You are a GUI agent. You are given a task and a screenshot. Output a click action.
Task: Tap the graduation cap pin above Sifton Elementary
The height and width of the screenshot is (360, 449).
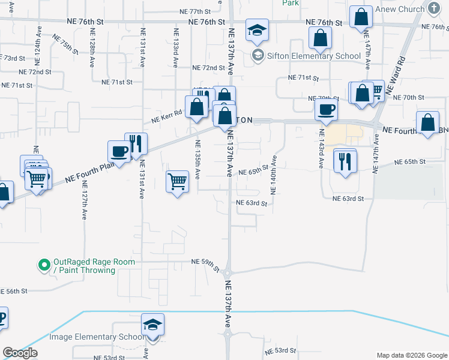pyautogui.click(x=257, y=30)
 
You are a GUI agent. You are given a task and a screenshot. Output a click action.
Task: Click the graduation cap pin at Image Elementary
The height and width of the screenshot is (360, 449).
pyautogui.click(x=153, y=325)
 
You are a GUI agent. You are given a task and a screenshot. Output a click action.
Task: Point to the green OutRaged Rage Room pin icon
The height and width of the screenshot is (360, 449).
pyautogui.click(x=43, y=265)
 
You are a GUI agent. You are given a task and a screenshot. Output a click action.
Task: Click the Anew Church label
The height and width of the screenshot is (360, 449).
pyautogui.click(x=399, y=10)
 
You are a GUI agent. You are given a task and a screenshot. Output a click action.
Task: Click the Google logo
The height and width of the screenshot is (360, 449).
pyautogui.click(x=20, y=353)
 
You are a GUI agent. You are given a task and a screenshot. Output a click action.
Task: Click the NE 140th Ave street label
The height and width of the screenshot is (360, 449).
pyautogui.click(x=273, y=175)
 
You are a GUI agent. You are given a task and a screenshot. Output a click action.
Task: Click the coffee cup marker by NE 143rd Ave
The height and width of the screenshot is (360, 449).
pyautogui.click(x=327, y=109)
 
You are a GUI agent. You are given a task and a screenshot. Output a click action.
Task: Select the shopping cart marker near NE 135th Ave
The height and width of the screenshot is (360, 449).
pyautogui.click(x=177, y=181)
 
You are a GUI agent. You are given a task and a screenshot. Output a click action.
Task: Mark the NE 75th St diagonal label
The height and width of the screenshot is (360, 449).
pyautogui.click(x=65, y=44)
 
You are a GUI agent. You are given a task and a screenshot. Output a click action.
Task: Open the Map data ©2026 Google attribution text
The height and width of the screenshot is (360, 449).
pyautogui.click(x=411, y=355)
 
